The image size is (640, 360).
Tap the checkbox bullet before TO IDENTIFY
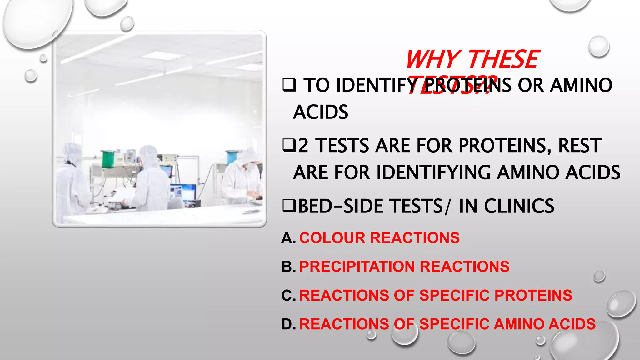289,85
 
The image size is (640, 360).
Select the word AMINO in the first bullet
581,85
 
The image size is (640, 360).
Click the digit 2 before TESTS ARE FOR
303,146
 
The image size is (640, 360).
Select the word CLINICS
519,206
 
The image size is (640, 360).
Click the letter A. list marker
288,238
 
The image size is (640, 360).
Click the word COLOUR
332,238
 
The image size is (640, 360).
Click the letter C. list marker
288,296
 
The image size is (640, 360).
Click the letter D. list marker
288,324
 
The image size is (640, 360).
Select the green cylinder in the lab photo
108,159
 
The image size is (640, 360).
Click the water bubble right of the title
598,46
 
